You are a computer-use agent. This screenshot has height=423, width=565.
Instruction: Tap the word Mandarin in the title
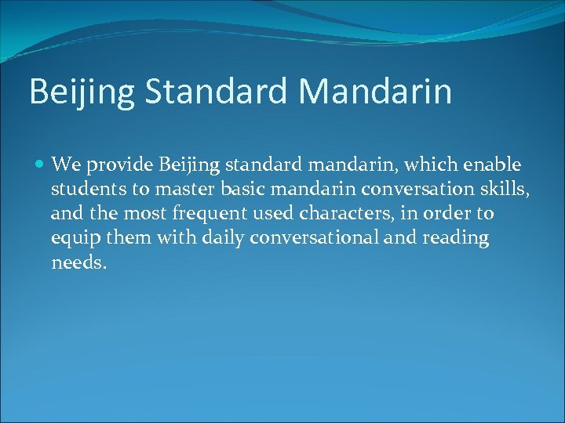click(x=376, y=91)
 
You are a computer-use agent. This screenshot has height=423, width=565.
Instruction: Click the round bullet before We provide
click(x=40, y=165)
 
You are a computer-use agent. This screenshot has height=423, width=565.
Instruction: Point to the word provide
click(x=118, y=166)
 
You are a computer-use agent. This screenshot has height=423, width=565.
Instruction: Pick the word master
click(x=184, y=190)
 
